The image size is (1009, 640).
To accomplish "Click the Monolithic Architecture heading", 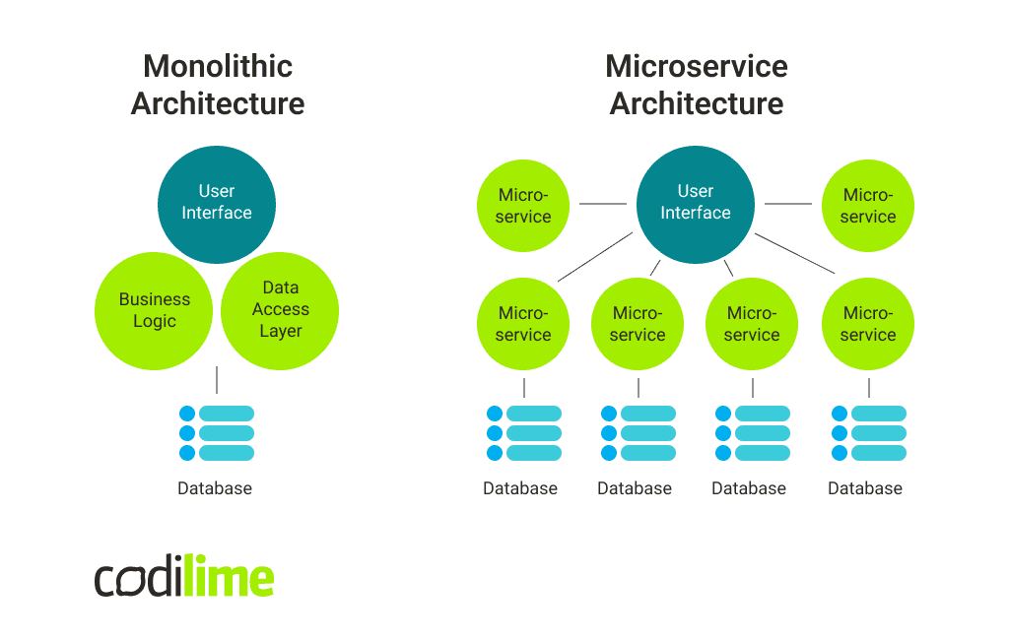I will (x=218, y=85).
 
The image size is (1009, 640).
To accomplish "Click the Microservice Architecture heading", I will (x=696, y=85).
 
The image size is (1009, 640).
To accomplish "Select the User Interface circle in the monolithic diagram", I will (x=217, y=203).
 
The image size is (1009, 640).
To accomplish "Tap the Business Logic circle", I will (x=154, y=310).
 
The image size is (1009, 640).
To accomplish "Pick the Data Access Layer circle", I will (x=281, y=309).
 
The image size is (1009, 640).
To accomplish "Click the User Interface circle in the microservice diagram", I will (x=696, y=203).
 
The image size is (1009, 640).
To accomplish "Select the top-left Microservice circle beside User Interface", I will (x=523, y=206).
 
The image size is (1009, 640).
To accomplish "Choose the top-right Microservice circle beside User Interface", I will (x=868, y=206).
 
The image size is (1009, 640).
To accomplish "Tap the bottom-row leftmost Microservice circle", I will (x=523, y=324).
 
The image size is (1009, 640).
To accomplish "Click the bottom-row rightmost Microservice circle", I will (x=868, y=324).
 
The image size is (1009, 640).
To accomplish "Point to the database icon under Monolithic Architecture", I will (x=217, y=433).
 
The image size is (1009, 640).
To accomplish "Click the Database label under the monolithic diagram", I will (x=215, y=488).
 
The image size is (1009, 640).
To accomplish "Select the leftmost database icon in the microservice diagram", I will (x=523, y=433).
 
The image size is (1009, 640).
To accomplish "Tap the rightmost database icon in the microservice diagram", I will (x=868, y=433).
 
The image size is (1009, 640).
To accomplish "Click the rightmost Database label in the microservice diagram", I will (x=865, y=488).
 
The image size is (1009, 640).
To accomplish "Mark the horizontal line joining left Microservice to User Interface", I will (x=602, y=204).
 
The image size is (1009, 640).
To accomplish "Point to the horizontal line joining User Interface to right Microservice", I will (x=787, y=204).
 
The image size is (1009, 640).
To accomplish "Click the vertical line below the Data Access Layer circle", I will (x=217, y=380).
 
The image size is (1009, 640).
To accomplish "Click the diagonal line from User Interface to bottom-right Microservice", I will (x=795, y=253).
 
